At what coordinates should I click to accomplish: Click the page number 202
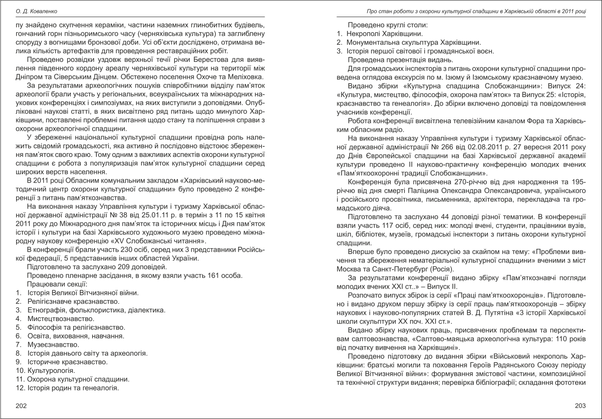(21, 405)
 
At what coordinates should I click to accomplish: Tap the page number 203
(580, 405)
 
